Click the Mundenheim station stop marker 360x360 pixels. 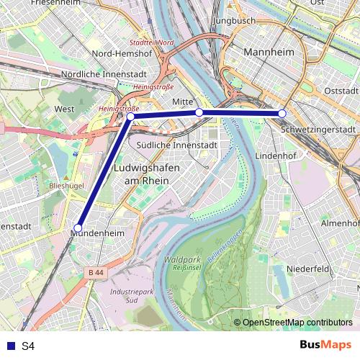78,228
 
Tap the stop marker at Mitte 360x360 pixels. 199,112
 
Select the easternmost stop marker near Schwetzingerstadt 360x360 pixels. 282,113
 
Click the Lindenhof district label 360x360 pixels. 271,156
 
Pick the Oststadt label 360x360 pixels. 341,91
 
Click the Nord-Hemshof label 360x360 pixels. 122,53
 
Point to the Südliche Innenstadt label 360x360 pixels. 177,145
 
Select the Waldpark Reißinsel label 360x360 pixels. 182,263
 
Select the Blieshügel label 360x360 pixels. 67,185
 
